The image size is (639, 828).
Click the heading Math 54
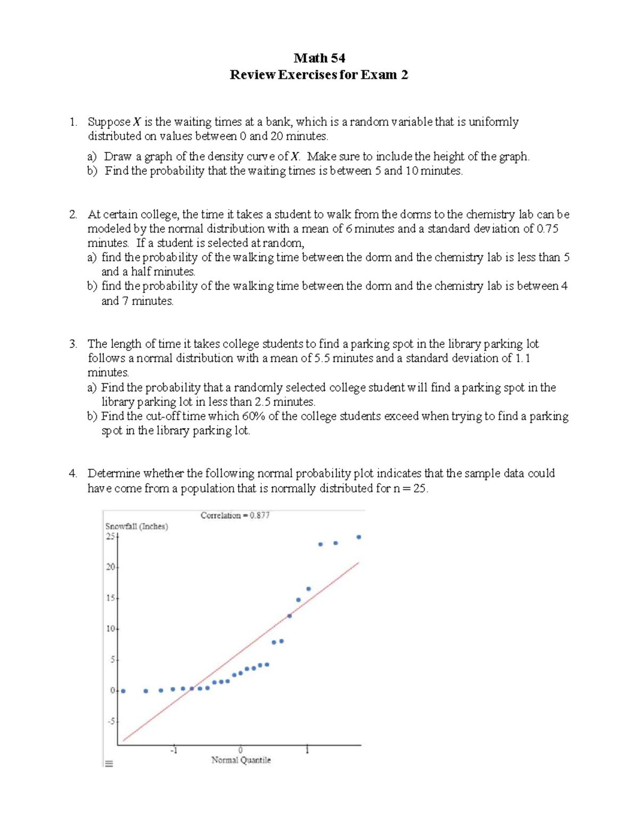[x=319, y=58]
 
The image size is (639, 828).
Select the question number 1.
[x=73, y=122]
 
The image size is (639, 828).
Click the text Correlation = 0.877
[x=235, y=516]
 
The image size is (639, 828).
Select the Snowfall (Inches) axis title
[x=136, y=526]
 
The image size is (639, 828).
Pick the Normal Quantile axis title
[x=241, y=760]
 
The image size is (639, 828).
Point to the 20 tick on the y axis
[x=110, y=567]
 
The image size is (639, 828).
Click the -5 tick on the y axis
[x=111, y=721]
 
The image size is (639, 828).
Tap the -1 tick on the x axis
[x=173, y=751]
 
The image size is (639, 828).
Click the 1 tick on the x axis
[x=307, y=751]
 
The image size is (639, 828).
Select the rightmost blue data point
[x=358, y=537]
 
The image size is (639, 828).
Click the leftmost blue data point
[x=123, y=691]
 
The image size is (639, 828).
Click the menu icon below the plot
[x=109, y=763]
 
